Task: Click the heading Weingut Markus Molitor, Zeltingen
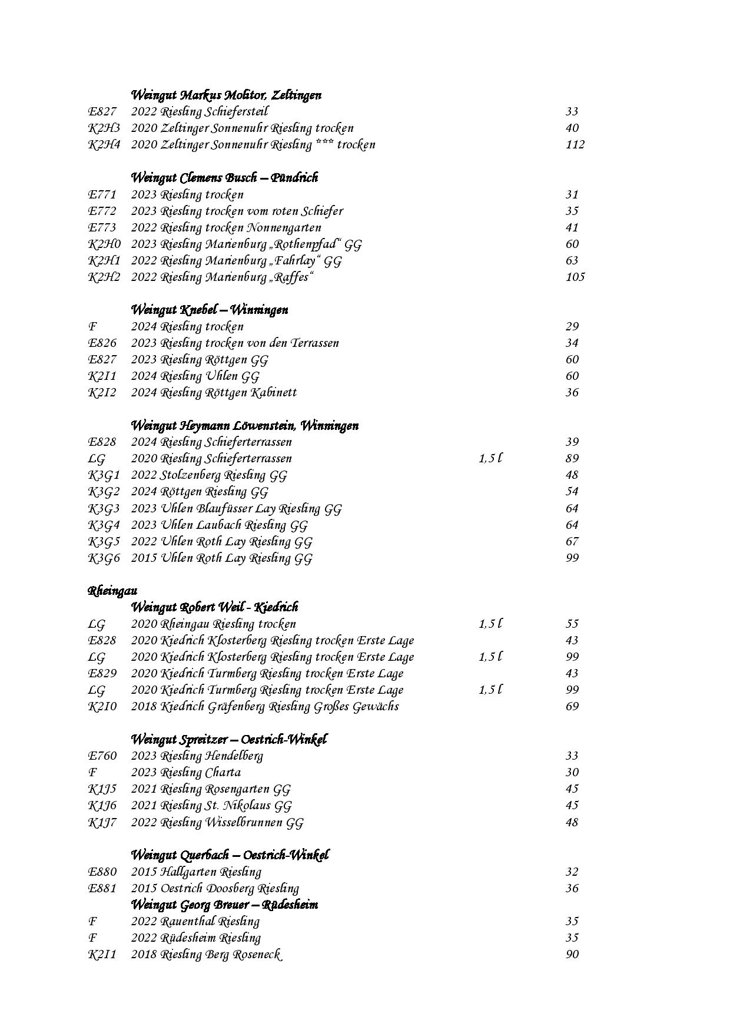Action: [225, 95]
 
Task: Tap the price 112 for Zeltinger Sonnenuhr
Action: [575, 144]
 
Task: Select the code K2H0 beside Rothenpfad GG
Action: [104, 244]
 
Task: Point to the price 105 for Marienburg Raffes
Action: [575, 277]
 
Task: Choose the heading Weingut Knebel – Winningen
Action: [209, 310]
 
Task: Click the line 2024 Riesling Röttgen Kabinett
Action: [213, 392]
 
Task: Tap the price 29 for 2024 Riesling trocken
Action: [572, 326]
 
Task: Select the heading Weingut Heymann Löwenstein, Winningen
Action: [244, 425]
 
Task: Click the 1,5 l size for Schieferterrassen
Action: [490, 458]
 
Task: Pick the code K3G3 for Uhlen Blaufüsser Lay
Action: [104, 508]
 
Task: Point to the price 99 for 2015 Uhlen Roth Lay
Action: [572, 558]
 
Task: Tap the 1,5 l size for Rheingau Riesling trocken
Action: [490, 624]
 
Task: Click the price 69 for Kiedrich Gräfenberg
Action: [572, 706]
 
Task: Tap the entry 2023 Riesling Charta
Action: [185, 772]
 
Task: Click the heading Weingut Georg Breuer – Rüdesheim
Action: [224, 904]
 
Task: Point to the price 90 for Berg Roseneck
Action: [572, 954]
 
